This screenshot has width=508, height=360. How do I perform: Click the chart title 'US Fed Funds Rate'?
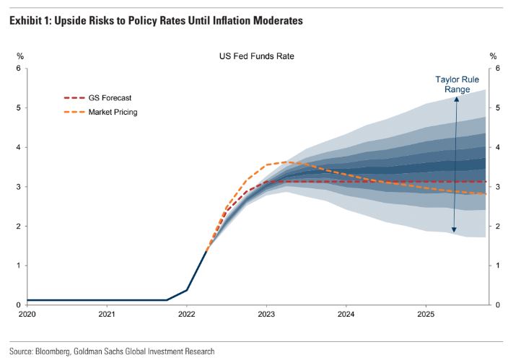coord(257,56)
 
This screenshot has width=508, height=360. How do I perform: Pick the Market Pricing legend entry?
coord(113,112)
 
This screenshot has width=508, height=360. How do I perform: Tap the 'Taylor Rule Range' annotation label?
coord(452,84)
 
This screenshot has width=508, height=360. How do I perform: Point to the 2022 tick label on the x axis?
coord(186,315)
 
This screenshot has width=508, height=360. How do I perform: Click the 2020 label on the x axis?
coord(27,315)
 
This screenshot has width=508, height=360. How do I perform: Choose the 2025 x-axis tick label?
coord(425,315)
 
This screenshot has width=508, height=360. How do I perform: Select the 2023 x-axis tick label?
coord(266,315)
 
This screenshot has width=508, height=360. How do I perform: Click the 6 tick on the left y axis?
coord(19,69)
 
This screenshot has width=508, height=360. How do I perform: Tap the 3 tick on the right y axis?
coord(494,187)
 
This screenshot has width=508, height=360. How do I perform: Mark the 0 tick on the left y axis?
coord(19,305)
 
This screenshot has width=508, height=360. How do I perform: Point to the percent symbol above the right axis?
coord(494,56)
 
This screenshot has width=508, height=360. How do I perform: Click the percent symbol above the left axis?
coord(19,56)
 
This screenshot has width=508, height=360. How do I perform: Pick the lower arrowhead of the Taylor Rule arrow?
coord(454,230)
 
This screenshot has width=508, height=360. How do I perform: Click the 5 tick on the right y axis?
coord(494,108)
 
